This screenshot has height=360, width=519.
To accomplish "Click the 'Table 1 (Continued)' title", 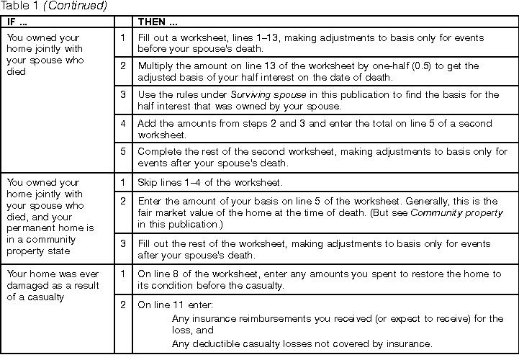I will [54, 6].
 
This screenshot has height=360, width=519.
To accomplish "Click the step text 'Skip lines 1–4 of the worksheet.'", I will [209, 184].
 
